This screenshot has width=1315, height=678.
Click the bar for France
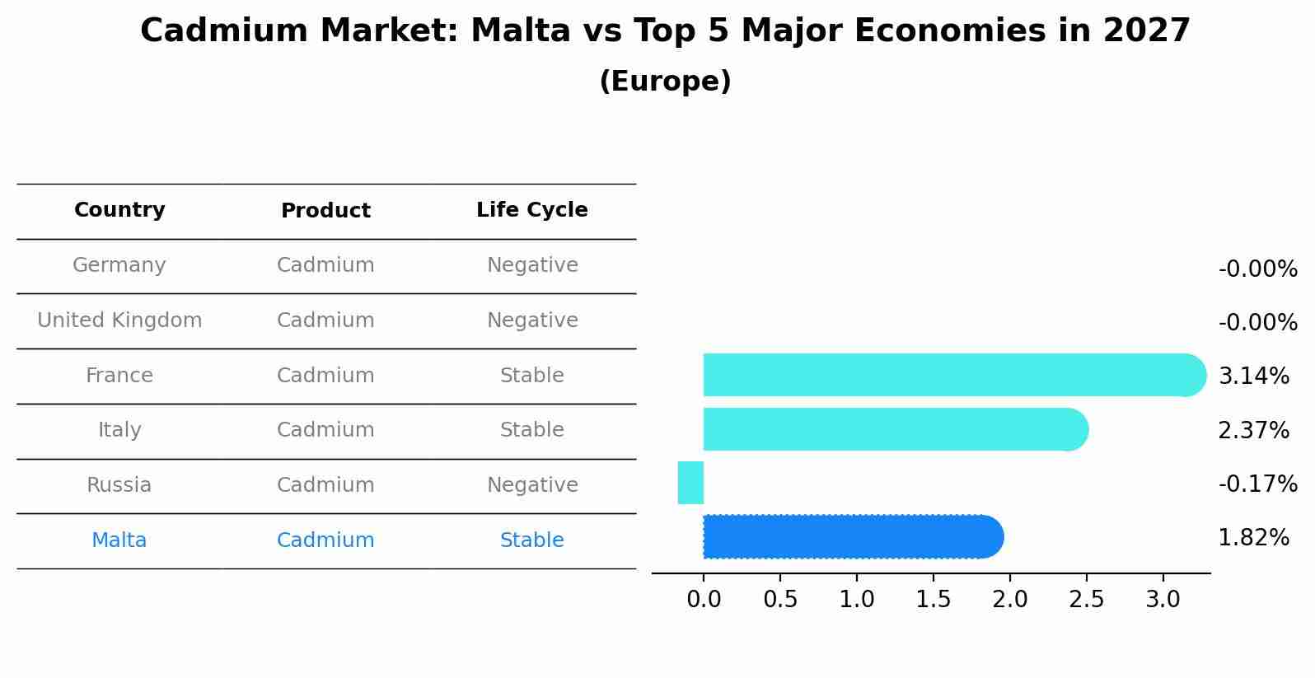pos(948,375)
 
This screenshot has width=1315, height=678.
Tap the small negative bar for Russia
pos(690,483)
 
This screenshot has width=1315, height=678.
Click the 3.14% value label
pos(1253,376)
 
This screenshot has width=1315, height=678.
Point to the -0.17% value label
pos(1257,484)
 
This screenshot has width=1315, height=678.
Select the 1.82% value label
pos(1253,538)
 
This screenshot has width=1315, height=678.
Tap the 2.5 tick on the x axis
pos(1086,600)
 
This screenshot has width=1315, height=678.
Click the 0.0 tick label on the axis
pos(704,600)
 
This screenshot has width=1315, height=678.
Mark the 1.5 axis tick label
pos(933,600)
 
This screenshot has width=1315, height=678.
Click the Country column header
pos(119,210)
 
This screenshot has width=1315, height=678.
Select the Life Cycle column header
pos(531,210)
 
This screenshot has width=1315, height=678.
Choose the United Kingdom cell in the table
pos(119,320)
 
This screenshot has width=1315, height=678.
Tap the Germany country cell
pos(119,265)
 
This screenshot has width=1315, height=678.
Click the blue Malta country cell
pos(119,540)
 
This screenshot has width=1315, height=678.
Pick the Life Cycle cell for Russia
pos(531,485)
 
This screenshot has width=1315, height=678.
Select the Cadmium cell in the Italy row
pos(325,430)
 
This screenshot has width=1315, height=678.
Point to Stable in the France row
pos(531,376)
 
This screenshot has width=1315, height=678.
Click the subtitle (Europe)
pos(665,82)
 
